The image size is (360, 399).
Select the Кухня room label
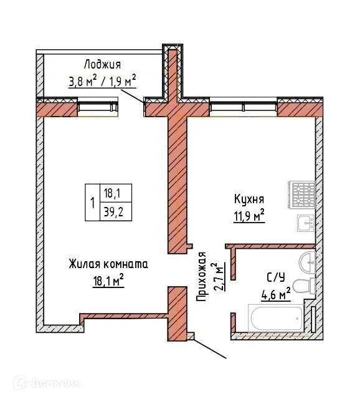coord(249,199)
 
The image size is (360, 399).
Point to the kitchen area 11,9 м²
coord(249,216)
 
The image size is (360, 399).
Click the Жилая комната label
coord(108,264)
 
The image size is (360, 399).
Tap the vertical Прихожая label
coord(201,277)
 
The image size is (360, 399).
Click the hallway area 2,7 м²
coord(219,278)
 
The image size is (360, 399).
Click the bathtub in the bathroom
coord(275,318)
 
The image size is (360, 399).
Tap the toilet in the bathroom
coord(302,287)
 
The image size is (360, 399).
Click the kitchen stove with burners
coord(303,195)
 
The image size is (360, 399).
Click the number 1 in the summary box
coord(92,202)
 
